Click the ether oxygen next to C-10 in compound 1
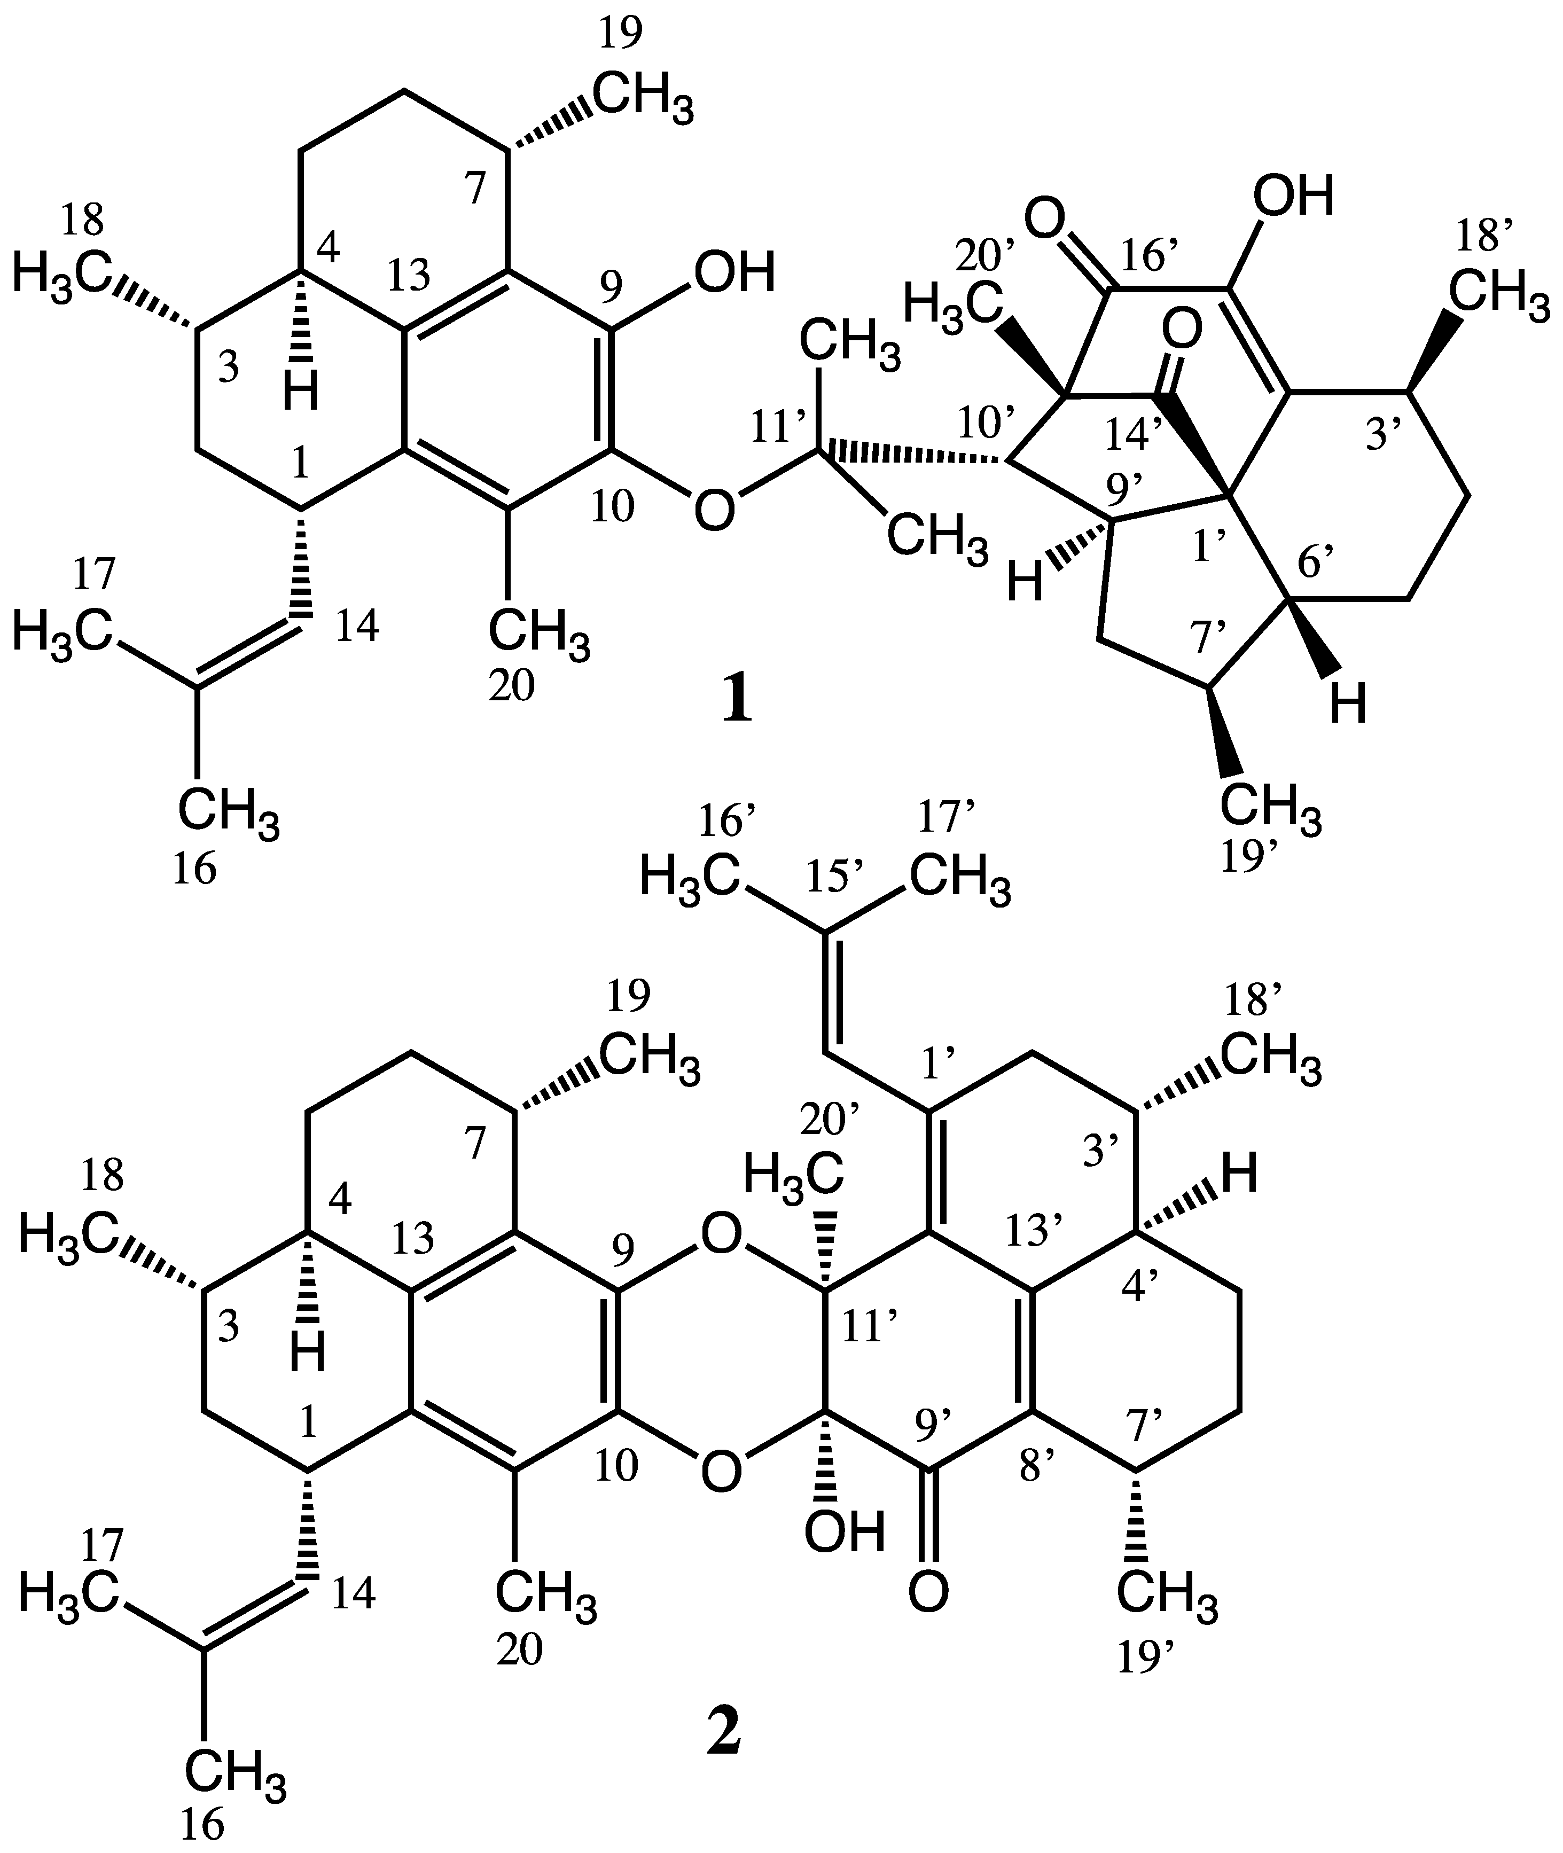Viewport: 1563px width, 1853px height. point(715,511)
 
